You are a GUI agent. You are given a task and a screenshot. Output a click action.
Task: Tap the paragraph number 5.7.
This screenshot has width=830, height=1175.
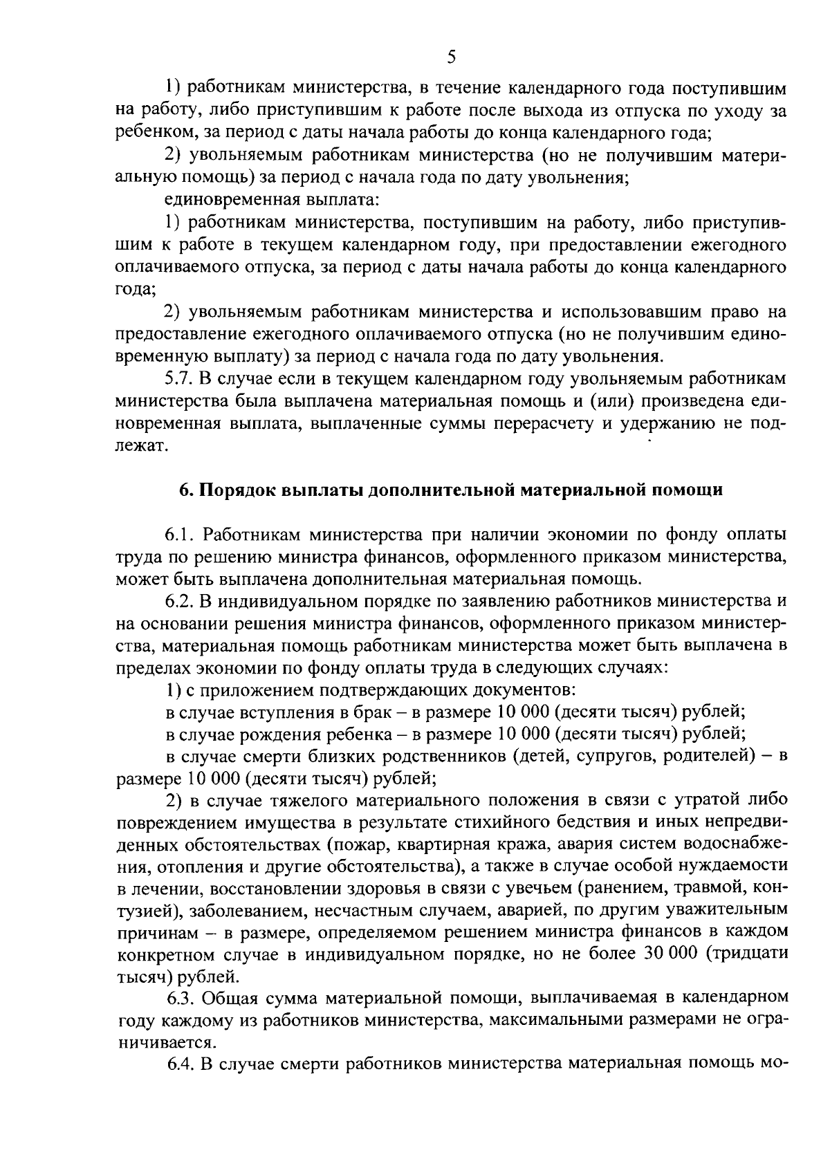pyautogui.click(x=180, y=379)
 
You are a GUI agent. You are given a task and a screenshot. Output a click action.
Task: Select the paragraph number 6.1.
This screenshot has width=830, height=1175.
pyautogui.click(x=181, y=535)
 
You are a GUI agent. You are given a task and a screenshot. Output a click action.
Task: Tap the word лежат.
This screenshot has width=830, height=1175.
pyautogui.click(x=141, y=446)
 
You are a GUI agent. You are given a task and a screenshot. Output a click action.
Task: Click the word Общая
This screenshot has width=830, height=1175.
pyautogui.click(x=234, y=998)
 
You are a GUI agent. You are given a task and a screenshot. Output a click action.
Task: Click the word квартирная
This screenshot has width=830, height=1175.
pyautogui.click(x=442, y=844)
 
